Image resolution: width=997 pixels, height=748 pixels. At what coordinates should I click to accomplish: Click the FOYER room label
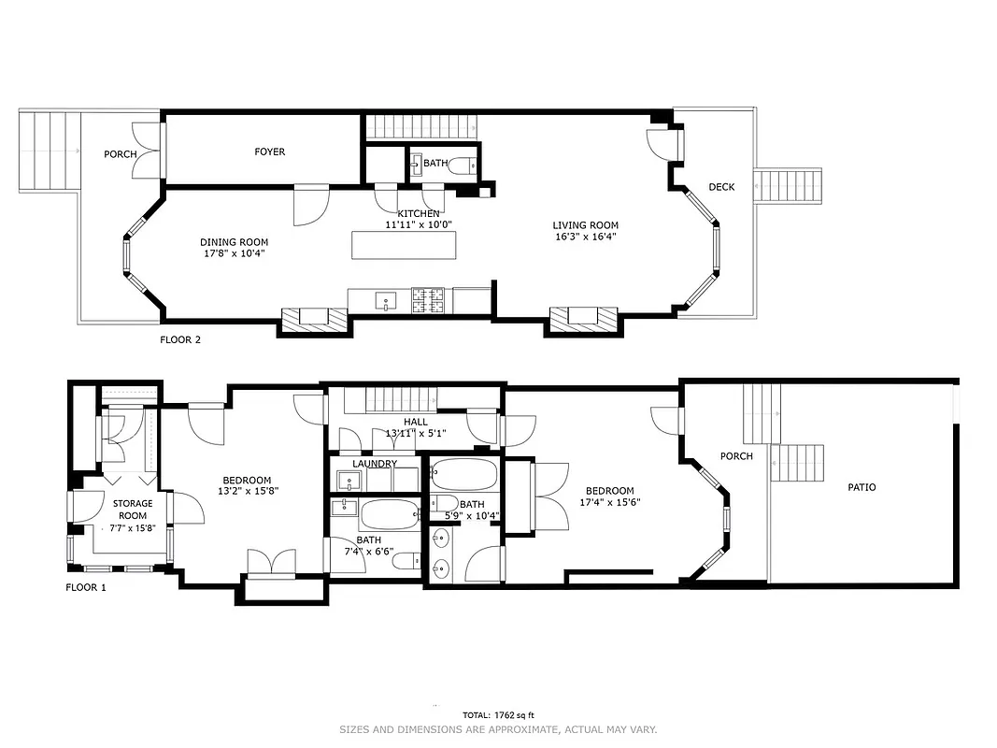270,151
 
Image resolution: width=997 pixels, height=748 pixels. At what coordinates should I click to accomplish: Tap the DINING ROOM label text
234,242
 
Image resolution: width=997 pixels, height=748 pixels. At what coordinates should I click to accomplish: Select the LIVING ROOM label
585,224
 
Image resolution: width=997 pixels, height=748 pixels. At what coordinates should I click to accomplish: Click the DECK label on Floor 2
721,187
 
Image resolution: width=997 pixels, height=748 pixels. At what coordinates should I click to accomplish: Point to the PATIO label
862,487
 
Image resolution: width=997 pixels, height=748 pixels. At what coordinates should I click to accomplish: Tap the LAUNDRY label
375,464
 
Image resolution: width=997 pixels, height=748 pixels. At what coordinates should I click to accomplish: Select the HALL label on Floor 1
416,422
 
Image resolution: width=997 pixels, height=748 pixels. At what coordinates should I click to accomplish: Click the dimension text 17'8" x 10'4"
234,253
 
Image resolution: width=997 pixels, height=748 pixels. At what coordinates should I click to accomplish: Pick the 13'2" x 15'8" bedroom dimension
248,490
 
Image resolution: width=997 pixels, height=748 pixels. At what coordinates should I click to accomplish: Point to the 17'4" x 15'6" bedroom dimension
609,502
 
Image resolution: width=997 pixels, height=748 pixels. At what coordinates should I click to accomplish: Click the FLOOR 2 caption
180,340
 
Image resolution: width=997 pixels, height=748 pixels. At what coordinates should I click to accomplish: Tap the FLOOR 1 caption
86,588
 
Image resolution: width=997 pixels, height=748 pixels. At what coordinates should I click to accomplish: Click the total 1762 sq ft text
498,715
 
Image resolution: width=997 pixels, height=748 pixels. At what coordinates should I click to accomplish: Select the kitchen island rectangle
406,245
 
